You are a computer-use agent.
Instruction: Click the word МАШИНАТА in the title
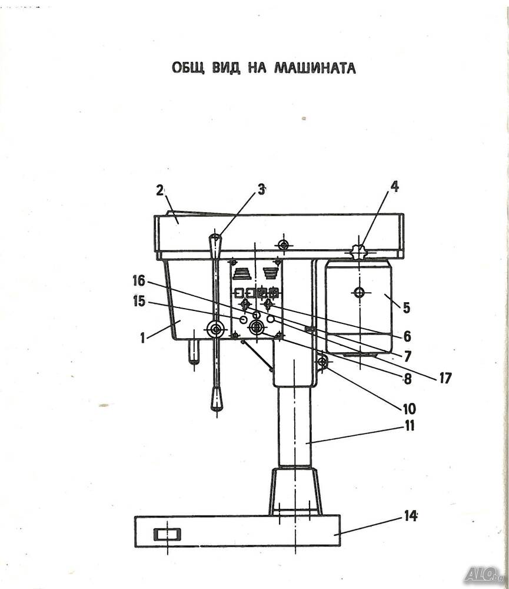pyautogui.click(x=315, y=68)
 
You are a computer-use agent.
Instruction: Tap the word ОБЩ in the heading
pyautogui.click(x=188, y=68)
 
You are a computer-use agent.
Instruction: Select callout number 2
pyautogui.click(x=160, y=191)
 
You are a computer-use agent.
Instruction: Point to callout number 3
pyautogui.click(x=261, y=190)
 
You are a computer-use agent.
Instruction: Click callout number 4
pyautogui.click(x=394, y=187)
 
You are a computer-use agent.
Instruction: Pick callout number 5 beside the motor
pyautogui.click(x=407, y=307)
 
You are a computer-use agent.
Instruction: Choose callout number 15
pyautogui.click(x=139, y=301)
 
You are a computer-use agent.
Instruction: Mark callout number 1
pyautogui.click(x=142, y=338)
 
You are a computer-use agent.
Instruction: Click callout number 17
pyautogui.click(x=445, y=378)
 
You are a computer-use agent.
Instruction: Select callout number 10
pyautogui.click(x=409, y=408)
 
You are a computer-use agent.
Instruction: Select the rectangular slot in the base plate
pyautogui.click(x=168, y=534)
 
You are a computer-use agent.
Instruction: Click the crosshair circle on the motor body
pyautogui.click(x=359, y=292)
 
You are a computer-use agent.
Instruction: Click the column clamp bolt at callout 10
pyautogui.click(x=322, y=362)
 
